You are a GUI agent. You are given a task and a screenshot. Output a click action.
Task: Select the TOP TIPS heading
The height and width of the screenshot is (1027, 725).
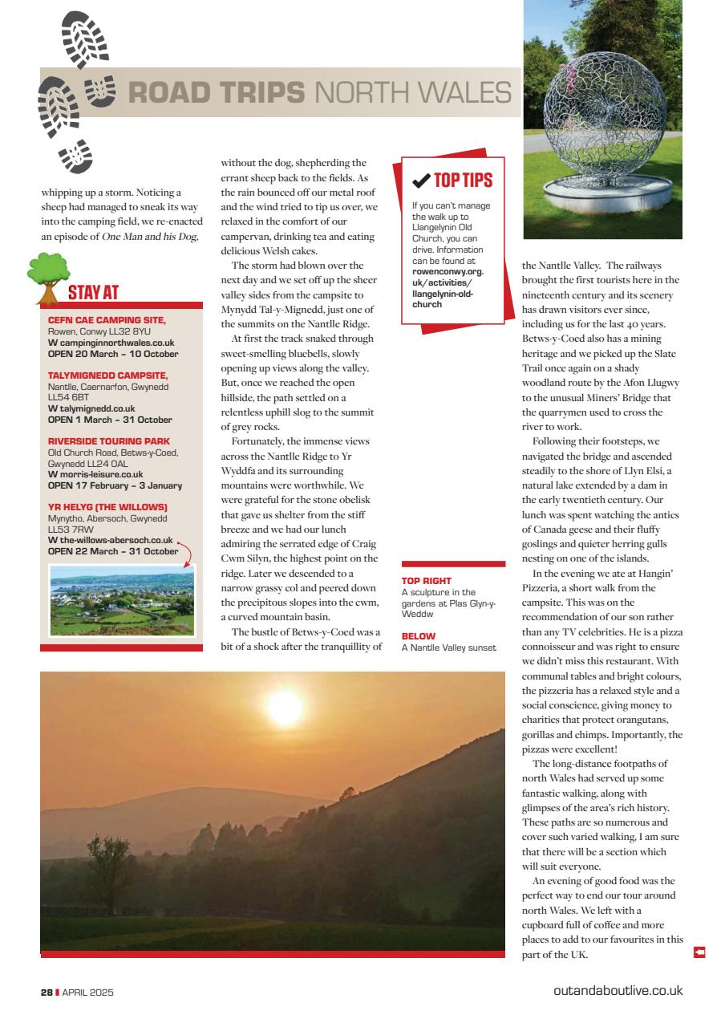click(x=463, y=181)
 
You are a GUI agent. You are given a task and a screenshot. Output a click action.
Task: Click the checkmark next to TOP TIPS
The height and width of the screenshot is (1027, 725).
click(x=420, y=181)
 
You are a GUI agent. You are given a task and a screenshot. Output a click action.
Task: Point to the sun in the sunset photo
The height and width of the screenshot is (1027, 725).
click(x=284, y=708)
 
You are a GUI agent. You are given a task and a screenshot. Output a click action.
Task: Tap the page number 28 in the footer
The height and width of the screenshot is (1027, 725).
click(x=47, y=992)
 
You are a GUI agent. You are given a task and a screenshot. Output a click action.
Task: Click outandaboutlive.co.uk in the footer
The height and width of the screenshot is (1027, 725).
click(x=618, y=991)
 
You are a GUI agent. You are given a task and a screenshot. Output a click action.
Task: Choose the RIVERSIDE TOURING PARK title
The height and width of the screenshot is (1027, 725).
click(x=109, y=441)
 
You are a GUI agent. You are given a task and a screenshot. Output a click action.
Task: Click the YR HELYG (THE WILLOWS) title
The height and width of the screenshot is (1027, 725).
click(x=107, y=507)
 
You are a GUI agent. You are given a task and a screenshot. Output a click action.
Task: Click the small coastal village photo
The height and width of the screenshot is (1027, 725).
click(x=122, y=600)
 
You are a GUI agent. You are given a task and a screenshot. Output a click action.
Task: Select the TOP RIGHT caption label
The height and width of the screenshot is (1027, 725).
click(x=427, y=580)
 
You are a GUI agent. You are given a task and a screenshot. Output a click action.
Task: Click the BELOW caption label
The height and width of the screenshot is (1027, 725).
click(x=419, y=635)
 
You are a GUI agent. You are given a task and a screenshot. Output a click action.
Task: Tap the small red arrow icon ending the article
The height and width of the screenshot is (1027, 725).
click(x=699, y=952)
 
